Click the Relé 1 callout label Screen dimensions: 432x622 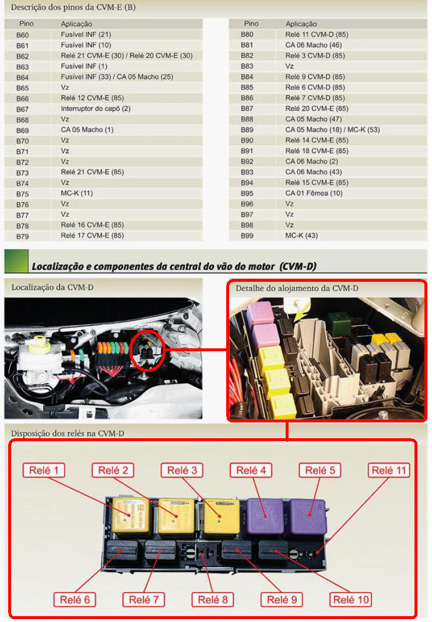coord(43,470)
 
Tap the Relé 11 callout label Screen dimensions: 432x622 coord(388,470)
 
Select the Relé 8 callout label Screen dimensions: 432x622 coord(213,599)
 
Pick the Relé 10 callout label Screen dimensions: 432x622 coord(351,599)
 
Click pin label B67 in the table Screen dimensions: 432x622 coord(23,109)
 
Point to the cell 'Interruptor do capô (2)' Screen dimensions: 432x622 coord(96,109)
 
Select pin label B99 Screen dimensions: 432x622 coord(247,236)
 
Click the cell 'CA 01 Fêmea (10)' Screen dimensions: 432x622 coord(314,193)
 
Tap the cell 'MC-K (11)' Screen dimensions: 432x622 coord(76,193)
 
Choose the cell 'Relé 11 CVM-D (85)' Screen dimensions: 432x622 coord(317,34)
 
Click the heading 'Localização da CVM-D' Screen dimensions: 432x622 coord(52,287)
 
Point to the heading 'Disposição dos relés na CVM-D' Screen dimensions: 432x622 coord(68,433)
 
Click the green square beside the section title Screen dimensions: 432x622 coord(16,261)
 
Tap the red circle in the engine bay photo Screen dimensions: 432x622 coord(147,350)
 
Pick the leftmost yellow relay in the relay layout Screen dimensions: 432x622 coord(131,515)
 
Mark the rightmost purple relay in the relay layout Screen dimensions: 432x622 coord(308,516)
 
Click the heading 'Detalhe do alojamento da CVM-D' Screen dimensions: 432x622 coord(297,288)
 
